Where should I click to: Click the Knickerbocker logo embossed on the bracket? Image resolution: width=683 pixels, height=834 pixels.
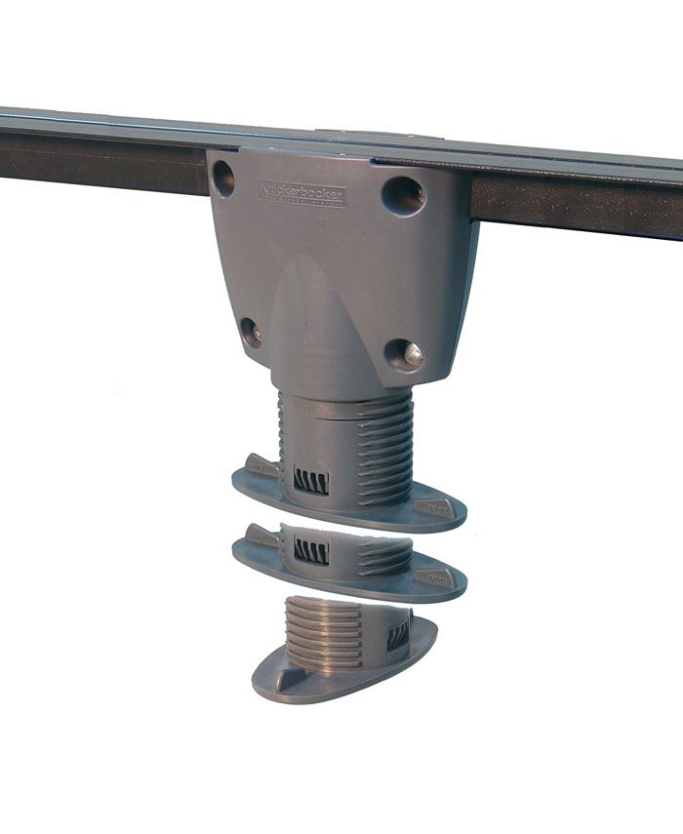point(301,192)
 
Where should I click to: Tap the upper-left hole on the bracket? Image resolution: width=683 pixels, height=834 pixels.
point(223,178)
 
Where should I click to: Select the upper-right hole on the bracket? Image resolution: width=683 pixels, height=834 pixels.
point(403,195)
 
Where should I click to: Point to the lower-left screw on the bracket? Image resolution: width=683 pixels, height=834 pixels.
point(251,332)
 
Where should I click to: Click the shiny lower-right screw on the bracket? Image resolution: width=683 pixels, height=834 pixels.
point(405,354)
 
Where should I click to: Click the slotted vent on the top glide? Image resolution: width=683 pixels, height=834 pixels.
point(311,480)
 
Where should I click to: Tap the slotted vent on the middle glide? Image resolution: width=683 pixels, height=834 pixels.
point(311,551)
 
